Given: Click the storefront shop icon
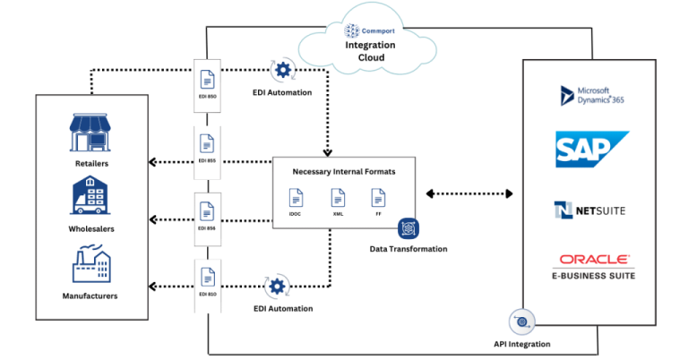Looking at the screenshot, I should point(90,133).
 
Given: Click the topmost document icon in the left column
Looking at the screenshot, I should point(208,80).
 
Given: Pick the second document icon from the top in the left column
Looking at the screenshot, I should point(208,142).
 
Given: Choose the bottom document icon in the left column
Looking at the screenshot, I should point(208,276).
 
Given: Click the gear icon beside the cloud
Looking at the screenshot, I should point(283,69).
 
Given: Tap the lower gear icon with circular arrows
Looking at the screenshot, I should point(277,287).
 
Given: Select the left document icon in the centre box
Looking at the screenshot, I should point(296,197).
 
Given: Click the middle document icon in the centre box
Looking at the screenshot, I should point(338,197).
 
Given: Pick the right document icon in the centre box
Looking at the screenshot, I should point(379,197).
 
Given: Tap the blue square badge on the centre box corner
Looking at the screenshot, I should point(408,228).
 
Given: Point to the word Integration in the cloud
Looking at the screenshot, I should point(365,45).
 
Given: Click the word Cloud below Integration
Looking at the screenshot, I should point(365,57).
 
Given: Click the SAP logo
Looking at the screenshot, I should point(591,149).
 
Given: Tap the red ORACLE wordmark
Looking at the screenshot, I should point(594,260).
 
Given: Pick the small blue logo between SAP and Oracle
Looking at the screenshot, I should point(564,210).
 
